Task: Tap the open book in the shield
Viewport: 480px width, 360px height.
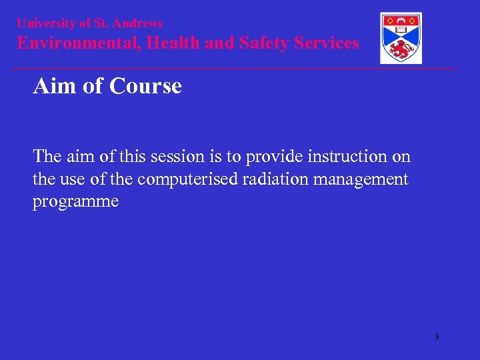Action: pos(401,29)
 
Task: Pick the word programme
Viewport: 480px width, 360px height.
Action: pos(76,202)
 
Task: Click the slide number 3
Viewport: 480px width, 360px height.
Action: pos(437,337)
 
